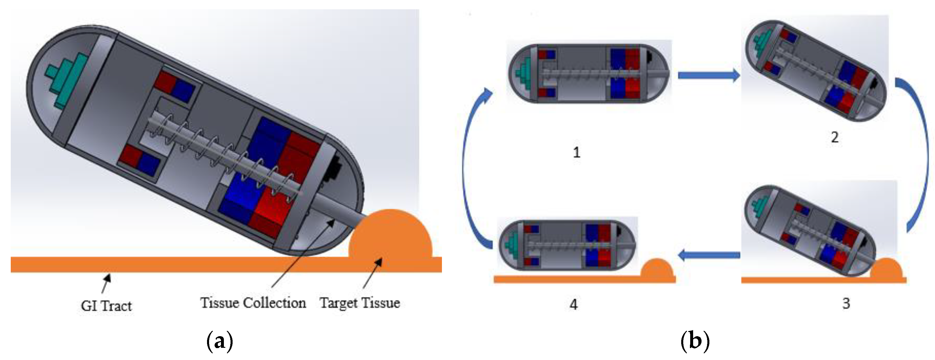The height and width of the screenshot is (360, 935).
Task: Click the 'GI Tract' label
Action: [106, 306]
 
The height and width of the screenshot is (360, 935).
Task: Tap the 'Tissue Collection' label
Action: [253, 303]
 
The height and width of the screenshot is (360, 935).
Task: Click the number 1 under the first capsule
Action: [577, 152]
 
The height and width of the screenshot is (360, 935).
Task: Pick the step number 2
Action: [835, 137]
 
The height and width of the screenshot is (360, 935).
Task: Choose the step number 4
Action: [573, 305]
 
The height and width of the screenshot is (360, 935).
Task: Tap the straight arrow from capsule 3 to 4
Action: [709, 255]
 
